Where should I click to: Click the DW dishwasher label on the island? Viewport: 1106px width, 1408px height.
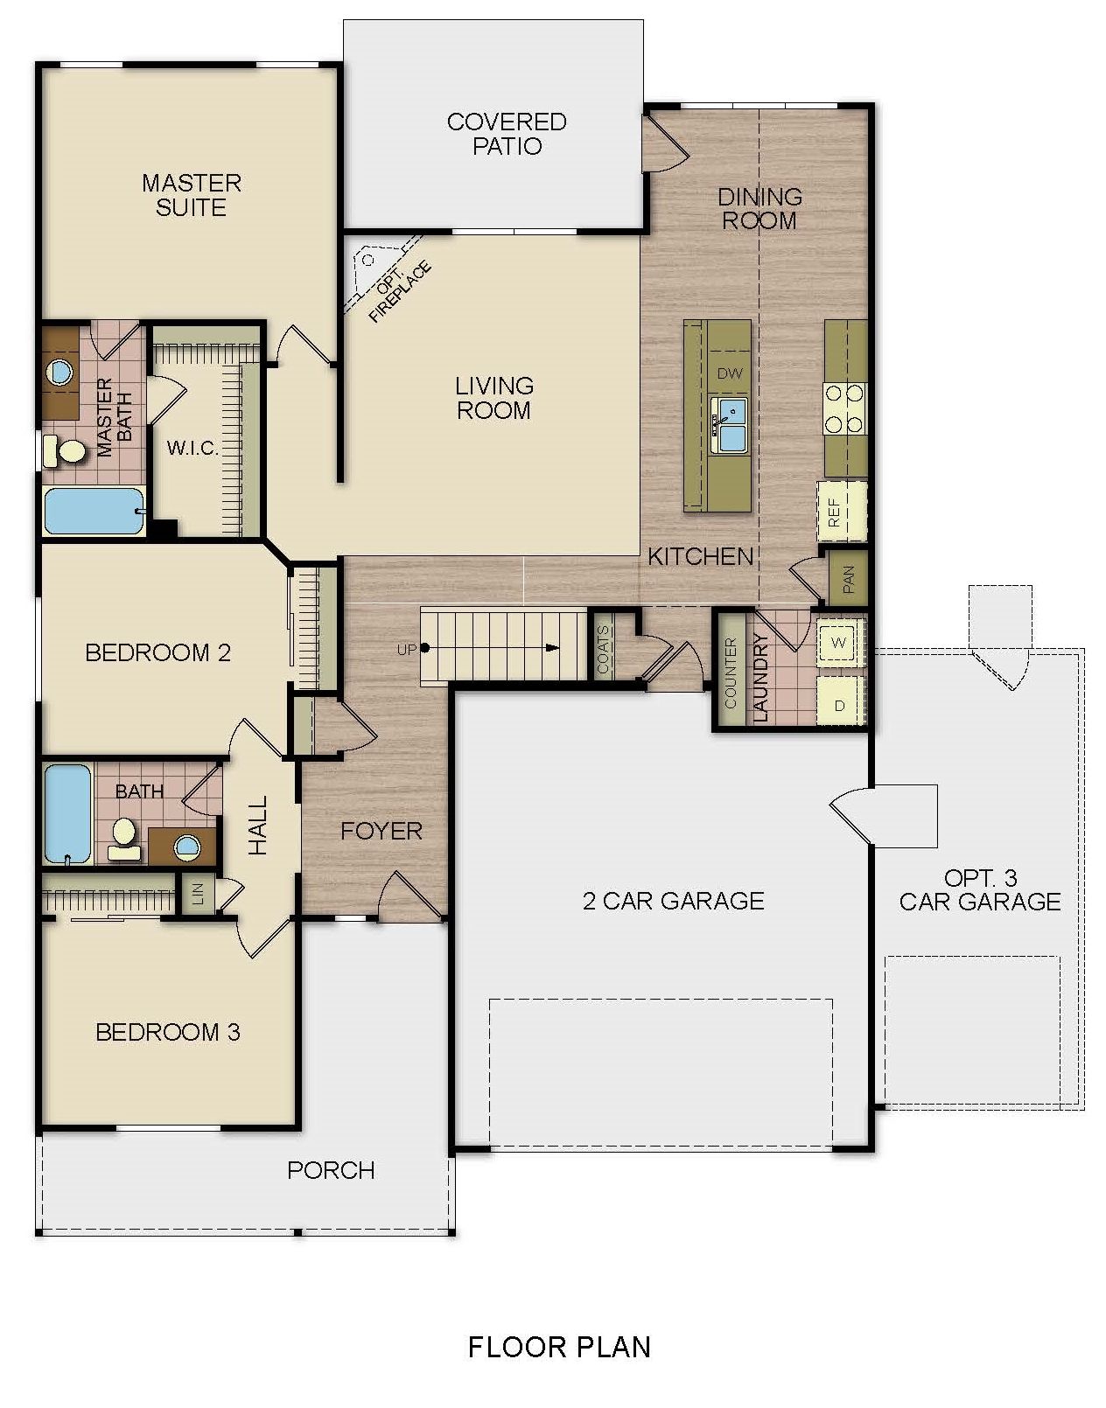pos(729,373)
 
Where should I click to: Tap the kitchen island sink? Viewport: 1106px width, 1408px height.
pos(729,424)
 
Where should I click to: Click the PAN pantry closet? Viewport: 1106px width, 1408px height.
pos(847,578)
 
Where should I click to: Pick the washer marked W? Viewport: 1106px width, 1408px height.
pos(839,642)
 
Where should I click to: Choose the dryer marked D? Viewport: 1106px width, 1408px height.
pos(839,704)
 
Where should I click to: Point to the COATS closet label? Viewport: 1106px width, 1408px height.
pos(602,650)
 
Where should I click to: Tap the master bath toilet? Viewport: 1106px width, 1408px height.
pos(66,451)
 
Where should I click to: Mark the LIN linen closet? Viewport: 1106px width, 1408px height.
pos(198,894)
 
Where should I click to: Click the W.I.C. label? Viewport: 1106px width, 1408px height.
pos(192,449)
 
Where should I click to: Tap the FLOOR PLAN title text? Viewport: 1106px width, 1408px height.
pos(559,1346)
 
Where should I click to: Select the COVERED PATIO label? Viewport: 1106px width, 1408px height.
pos(507,134)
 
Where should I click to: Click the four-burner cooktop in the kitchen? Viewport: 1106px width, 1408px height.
pos(844,409)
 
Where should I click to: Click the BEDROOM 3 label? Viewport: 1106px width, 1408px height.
pos(167,1032)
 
